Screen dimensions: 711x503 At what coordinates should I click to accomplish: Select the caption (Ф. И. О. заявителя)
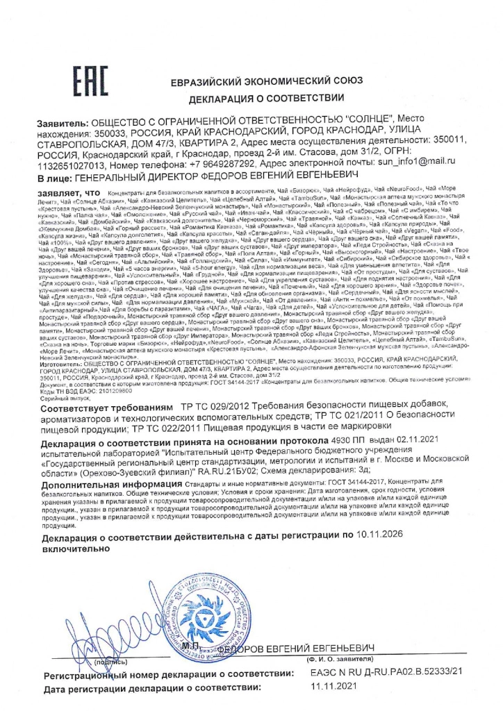(343, 659)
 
